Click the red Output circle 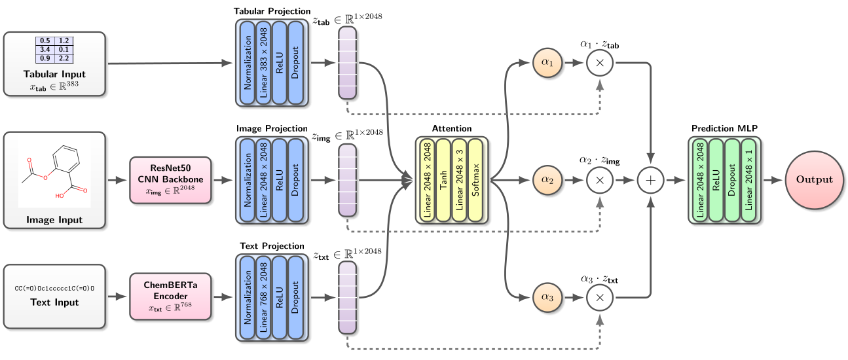click(x=814, y=179)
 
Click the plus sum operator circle click(x=650, y=180)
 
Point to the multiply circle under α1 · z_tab click(x=600, y=63)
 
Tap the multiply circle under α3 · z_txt click(x=600, y=297)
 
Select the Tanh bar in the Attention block click(x=443, y=180)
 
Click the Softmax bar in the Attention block click(x=476, y=180)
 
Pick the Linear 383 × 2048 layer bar click(x=264, y=63)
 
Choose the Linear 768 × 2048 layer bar click(x=264, y=297)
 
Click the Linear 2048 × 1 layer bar click(x=748, y=180)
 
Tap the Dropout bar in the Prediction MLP click(x=732, y=180)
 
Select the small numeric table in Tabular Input click(x=54, y=50)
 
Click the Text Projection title click(x=272, y=246)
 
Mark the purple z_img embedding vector click(x=347, y=180)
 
